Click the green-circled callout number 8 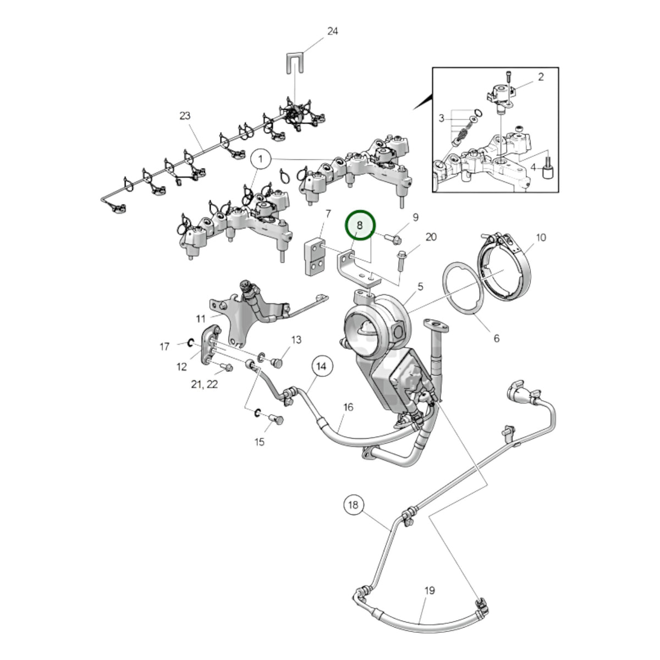360,225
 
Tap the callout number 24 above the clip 332,31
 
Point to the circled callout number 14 321,366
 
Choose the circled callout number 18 353,504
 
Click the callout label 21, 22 205,384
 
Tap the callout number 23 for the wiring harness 185,116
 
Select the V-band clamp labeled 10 504,267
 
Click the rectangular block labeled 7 315,257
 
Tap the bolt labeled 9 393,239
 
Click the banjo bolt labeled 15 276,419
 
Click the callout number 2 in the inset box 541,76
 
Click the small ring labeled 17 189,342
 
